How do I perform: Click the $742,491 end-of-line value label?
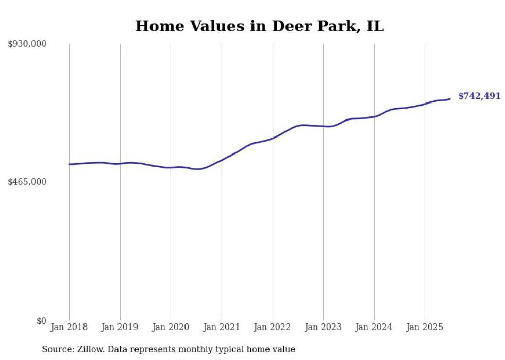pyautogui.click(x=479, y=96)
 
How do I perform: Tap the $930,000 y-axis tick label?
pyautogui.click(x=27, y=44)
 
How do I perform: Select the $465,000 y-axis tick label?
pyautogui.click(x=27, y=182)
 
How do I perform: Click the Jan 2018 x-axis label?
pyautogui.click(x=69, y=327)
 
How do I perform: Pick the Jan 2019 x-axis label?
pyautogui.click(x=120, y=327)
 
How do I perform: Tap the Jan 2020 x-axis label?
pyautogui.click(x=171, y=327)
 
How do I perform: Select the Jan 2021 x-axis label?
pyautogui.click(x=222, y=327)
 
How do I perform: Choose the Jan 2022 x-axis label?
pyautogui.click(x=273, y=327)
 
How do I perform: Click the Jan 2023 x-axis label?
pyautogui.click(x=323, y=327)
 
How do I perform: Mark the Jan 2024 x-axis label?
pyautogui.click(x=374, y=327)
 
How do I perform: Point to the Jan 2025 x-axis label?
pyautogui.click(x=425, y=327)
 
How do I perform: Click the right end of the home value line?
pyautogui.click(x=450, y=99)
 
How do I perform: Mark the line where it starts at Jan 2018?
pyautogui.click(x=69, y=164)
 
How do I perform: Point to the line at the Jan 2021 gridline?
pyautogui.click(x=222, y=160)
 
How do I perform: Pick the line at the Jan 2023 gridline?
pyautogui.click(x=323, y=126)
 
